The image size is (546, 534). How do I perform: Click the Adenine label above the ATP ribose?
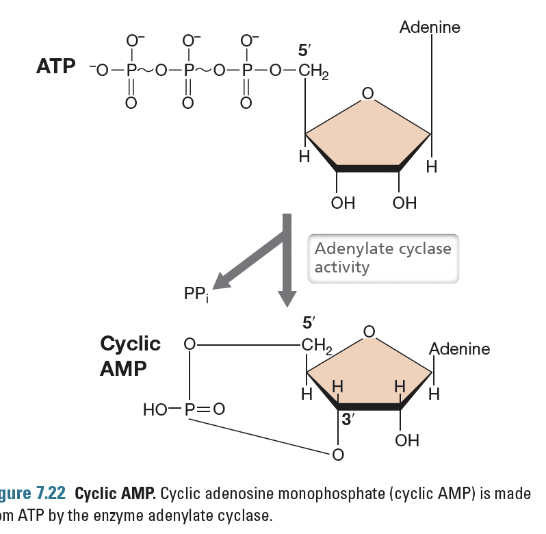click(430, 27)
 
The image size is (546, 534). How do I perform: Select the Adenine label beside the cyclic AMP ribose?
click(459, 348)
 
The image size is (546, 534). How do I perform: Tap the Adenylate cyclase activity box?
click(382, 257)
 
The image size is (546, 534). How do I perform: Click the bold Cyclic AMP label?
click(130, 355)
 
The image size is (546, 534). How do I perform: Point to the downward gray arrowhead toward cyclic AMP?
click(287, 296)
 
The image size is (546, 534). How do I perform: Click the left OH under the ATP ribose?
click(342, 203)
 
